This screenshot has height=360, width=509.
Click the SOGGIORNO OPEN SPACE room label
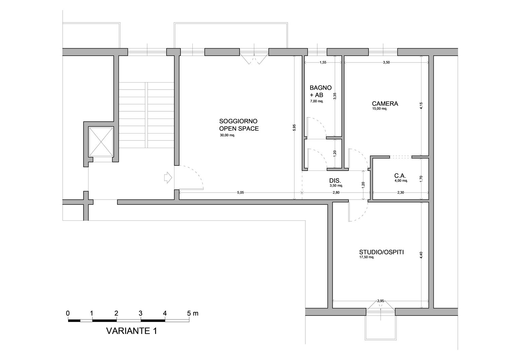pos(239,125)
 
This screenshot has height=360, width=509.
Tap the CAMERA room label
pos(385,104)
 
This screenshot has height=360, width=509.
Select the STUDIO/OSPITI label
pos(381,252)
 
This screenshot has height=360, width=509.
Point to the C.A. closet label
pos(400,176)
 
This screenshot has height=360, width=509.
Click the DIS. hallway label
pos(335,181)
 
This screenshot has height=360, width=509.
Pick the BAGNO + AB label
pos(320,91)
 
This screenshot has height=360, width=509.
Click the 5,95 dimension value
pos(294,127)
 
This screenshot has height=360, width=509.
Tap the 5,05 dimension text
pos(240,192)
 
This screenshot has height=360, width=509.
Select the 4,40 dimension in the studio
pos(421,255)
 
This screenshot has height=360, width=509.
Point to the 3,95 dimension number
pos(380,301)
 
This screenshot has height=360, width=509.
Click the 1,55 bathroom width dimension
pos(323,62)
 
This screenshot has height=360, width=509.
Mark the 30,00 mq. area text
pos(227,135)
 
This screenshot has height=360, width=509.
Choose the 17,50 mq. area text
pos(366,257)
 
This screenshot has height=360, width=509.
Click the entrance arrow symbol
pos(168,177)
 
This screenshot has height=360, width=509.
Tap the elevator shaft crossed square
pos(101,142)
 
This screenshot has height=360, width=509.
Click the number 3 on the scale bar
pos(140,313)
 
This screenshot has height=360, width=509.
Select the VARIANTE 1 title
pos(132,331)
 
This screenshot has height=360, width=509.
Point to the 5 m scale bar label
pos(193,313)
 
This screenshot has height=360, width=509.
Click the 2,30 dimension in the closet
pos(400,192)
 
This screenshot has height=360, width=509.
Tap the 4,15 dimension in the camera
pos(421,106)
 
